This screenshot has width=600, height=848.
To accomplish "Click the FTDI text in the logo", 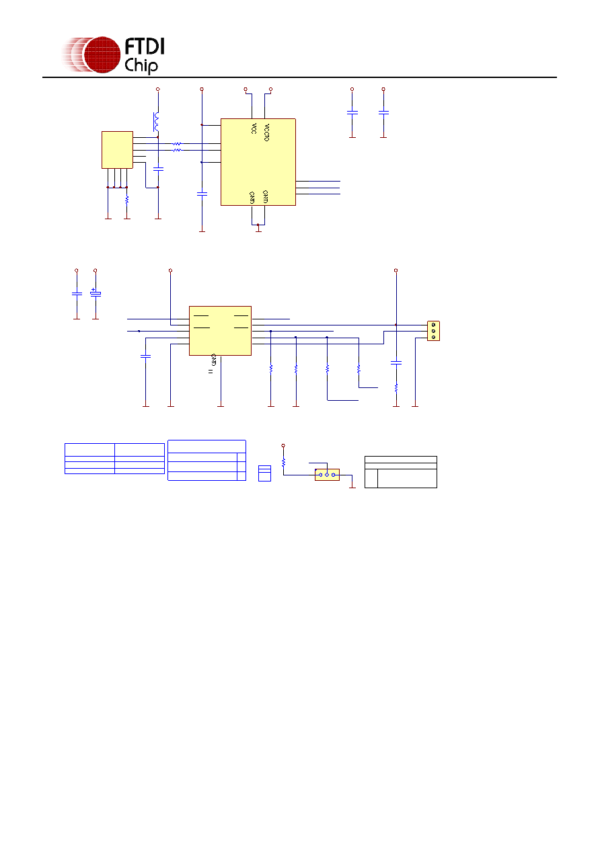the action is coord(144,46).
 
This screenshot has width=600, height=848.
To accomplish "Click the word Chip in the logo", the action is coord(141,65).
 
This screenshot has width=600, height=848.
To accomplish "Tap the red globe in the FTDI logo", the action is coord(102,54).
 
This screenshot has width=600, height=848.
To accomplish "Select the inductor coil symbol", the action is coord(156,122).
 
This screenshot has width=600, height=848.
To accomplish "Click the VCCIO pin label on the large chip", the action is coord(266,132).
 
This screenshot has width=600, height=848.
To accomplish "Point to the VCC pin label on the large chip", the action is coord(254,128).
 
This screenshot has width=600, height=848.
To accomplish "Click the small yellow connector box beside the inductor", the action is coord(117,150).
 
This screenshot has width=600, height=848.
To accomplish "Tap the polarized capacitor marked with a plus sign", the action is coord(96,293).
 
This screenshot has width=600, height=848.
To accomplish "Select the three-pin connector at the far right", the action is coord(433,331).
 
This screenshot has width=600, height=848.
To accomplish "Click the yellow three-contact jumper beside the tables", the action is coord(327,475).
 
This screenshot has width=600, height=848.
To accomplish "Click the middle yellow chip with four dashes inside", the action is coord(221,331).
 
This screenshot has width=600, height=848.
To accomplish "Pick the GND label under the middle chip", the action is coord(214,360).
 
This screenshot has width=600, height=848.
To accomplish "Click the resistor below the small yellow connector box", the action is coord(127,200).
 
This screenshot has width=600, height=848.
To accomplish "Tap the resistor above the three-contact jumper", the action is coord(283,462).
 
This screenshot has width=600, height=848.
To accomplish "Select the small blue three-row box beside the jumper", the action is coord(264,473).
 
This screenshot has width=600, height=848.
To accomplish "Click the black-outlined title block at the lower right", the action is coord(401,472).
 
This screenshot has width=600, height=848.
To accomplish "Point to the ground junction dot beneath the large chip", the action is coord(258,225).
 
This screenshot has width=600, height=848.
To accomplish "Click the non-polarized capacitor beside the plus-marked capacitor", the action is coord(77,293).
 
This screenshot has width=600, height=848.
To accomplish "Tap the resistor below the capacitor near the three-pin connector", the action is coord(396,388).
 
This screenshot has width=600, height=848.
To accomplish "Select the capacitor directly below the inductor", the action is coord(158,169).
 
